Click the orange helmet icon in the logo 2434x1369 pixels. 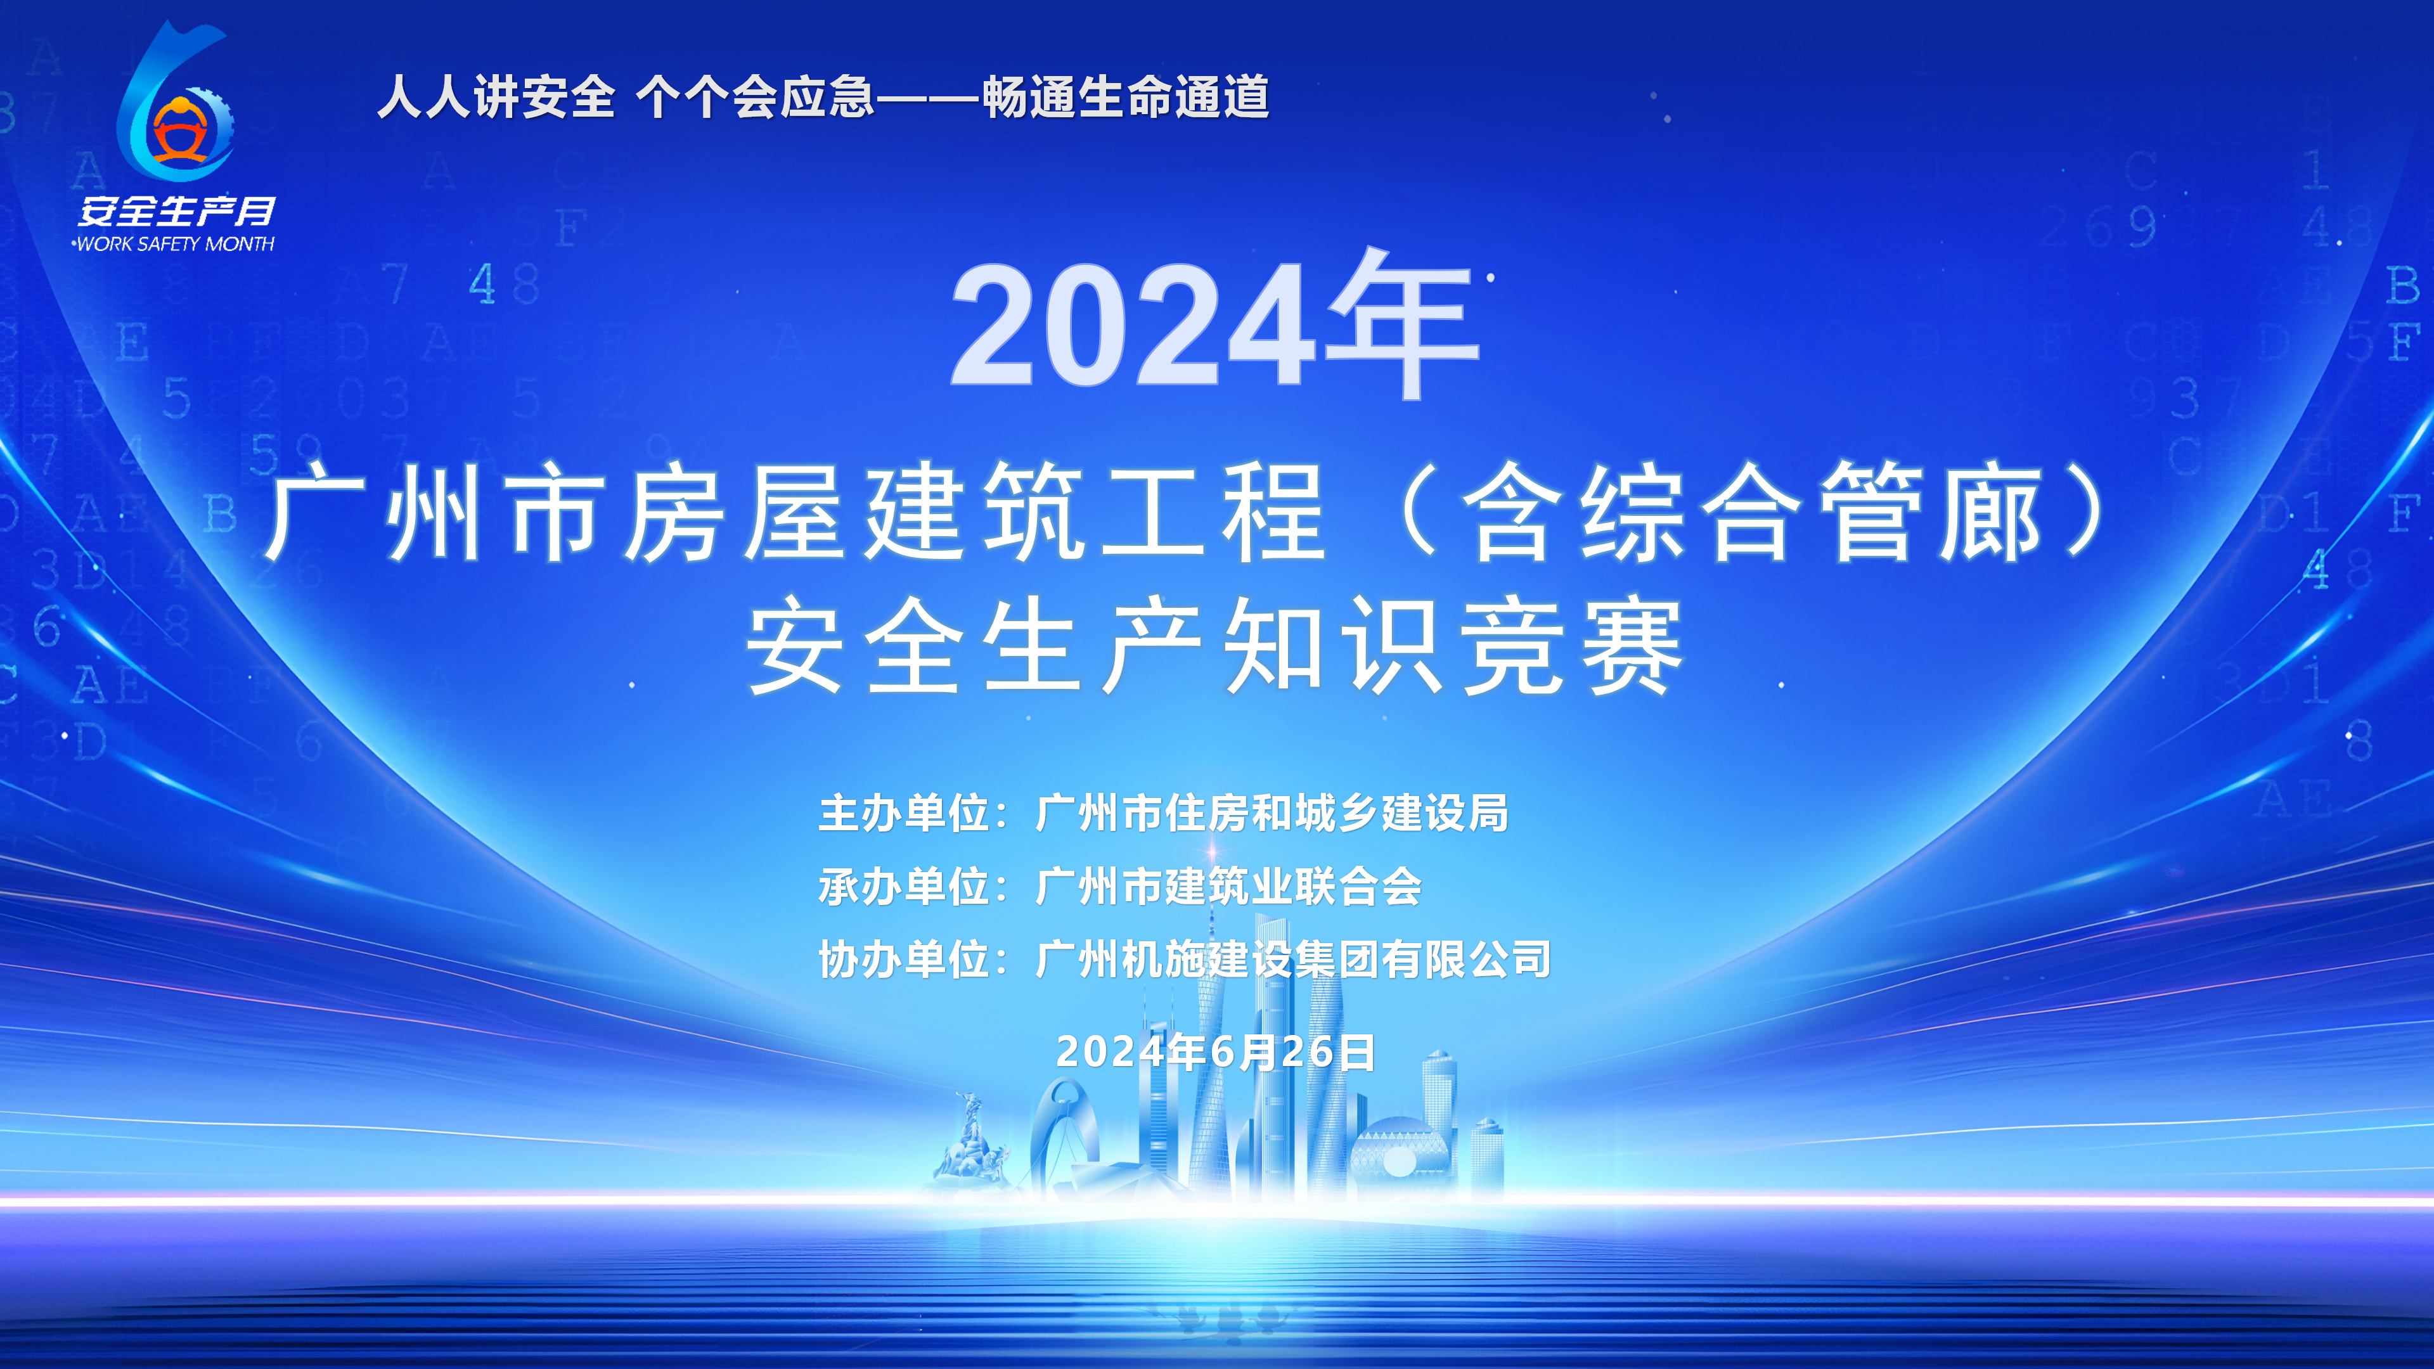click(x=181, y=131)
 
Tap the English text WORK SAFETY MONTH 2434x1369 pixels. click(x=176, y=244)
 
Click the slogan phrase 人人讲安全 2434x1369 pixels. click(x=496, y=98)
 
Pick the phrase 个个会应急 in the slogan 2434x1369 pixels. click(x=755, y=98)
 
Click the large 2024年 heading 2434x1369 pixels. click(x=1215, y=324)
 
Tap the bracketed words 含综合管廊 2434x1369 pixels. click(x=1753, y=512)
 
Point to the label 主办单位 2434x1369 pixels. click(x=905, y=813)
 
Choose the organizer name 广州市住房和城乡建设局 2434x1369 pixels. click(x=1272, y=813)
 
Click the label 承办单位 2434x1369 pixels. click(x=905, y=886)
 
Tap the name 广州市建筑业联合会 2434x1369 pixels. click(x=1228, y=886)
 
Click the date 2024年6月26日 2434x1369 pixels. click(x=1215, y=1051)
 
